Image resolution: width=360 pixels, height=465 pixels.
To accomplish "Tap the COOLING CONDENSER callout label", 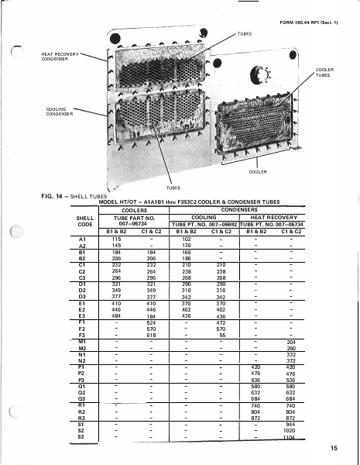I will click(x=56, y=111).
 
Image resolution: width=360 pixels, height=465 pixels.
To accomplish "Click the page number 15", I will click(x=333, y=447).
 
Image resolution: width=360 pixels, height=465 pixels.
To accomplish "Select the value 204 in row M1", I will click(x=291, y=341).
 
